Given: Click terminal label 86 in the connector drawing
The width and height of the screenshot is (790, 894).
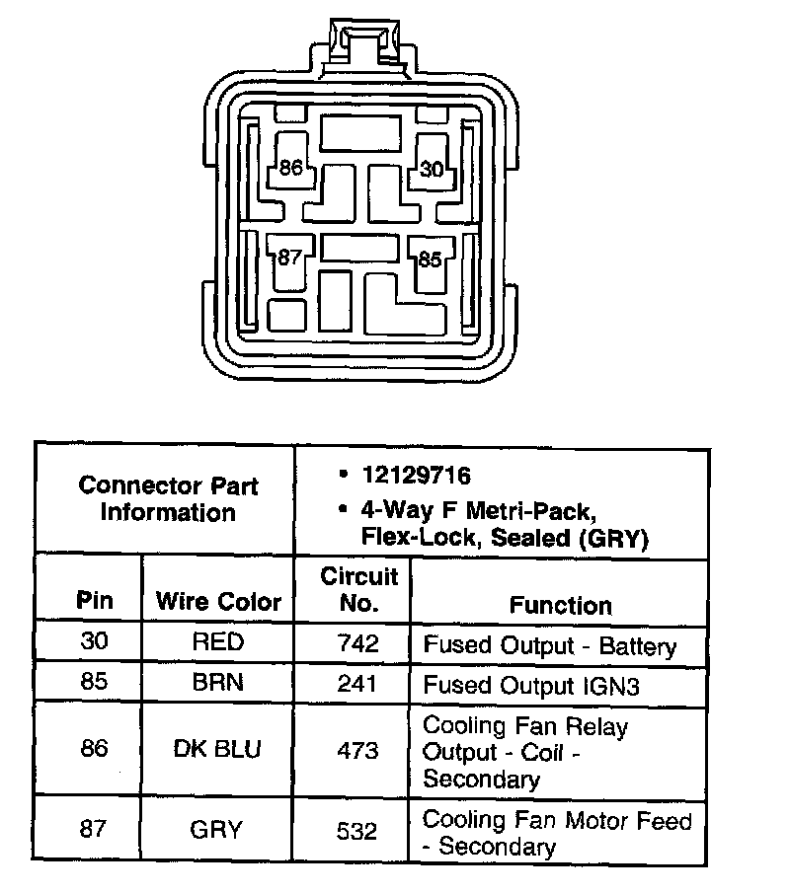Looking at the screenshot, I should click(x=290, y=168).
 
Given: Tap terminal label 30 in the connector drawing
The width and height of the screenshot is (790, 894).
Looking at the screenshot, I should click(x=432, y=169).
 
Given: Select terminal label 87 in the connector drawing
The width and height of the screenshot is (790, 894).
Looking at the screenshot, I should click(x=288, y=259).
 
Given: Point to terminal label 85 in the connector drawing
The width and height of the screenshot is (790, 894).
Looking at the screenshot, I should click(x=430, y=261).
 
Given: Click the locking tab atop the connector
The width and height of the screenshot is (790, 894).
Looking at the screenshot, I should click(x=361, y=44).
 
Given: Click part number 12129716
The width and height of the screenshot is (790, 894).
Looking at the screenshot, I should click(x=416, y=476).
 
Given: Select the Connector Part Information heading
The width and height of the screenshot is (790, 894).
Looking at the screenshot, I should click(x=168, y=499).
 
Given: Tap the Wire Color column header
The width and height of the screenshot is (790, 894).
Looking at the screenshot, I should click(x=218, y=602).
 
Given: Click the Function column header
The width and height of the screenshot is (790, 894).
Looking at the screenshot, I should click(x=560, y=605).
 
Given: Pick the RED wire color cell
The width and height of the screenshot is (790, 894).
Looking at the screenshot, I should click(x=218, y=643).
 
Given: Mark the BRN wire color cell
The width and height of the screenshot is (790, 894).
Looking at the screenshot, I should click(x=218, y=684).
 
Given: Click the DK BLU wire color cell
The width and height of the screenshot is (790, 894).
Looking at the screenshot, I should click(x=218, y=750).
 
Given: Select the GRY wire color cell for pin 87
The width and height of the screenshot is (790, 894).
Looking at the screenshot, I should click(x=218, y=830).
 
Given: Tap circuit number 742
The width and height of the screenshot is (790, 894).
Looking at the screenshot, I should click(x=356, y=643).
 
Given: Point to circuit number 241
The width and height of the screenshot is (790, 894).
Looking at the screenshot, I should click(x=356, y=684).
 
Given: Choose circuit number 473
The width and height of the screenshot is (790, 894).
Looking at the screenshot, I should click(x=356, y=750).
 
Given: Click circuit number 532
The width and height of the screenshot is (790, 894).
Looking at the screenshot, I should click(x=356, y=830).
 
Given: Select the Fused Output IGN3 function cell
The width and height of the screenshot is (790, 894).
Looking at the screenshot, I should click(x=531, y=685).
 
